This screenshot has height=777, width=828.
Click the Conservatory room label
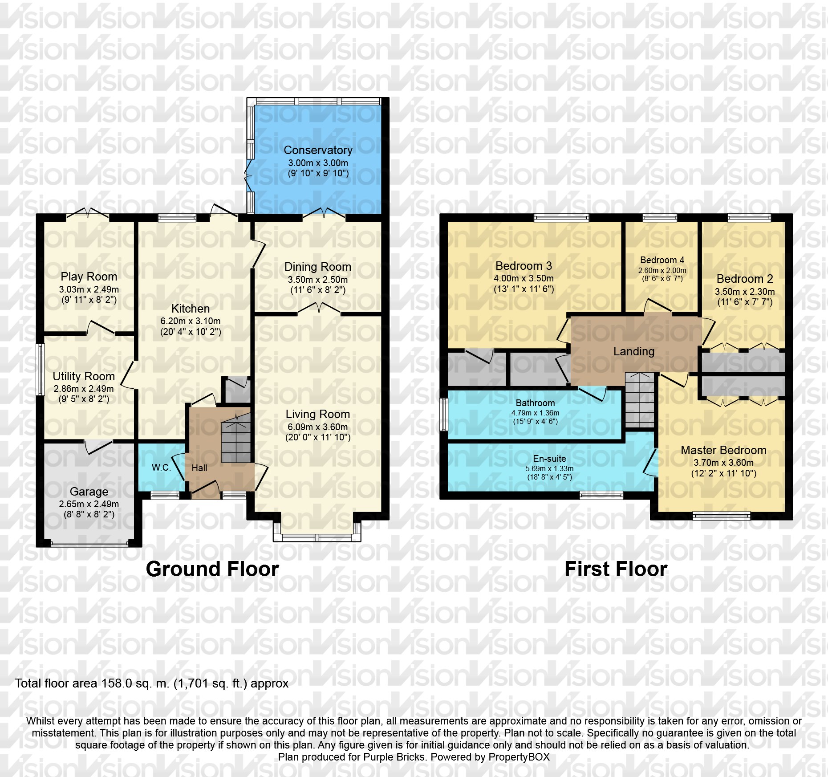pyautogui.click(x=318, y=150)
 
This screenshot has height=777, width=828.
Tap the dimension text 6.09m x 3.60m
pyautogui.click(x=317, y=427)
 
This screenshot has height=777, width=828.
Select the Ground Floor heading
pyautogui.click(x=212, y=569)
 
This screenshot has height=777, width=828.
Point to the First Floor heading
pyautogui.click(x=616, y=569)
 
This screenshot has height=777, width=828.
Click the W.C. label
pyautogui.click(x=161, y=468)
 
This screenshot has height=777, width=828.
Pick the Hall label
pyautogui.click(x=199, y=468)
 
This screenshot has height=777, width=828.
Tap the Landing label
pyautogui.click(x=633, y=351)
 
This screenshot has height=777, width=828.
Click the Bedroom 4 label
pyautogui.click(x=662, y=260)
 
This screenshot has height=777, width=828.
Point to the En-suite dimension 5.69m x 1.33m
pyautogui.click(x=549, y=468)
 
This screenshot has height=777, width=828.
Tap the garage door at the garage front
pyautogui.click(x=89, y=544)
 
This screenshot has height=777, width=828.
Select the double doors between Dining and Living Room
pyautogui.click(x=319, y=309)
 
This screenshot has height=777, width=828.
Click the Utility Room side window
pyautogui.click(x=40, y=369)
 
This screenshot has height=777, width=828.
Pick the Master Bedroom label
pyautogui.click(x=723, y=450)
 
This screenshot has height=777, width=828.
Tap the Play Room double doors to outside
pyautogui.click(x=88, y=214)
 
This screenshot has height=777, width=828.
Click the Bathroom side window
pyautogui.click(x=443, y=414)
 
